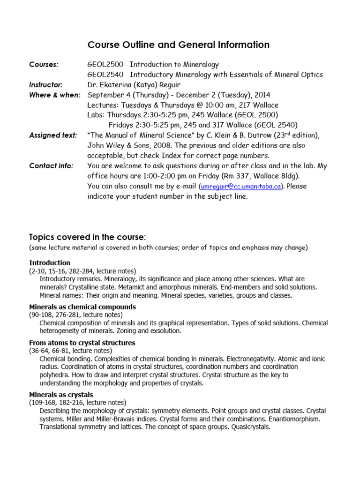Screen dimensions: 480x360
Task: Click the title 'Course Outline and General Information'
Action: coord(179,45)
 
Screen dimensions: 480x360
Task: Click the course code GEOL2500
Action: coord(105,65)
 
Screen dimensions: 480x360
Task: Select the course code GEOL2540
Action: coord(105,75)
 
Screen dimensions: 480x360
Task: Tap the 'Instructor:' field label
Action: coord(46,85)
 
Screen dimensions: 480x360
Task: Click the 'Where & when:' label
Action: coord(54,95)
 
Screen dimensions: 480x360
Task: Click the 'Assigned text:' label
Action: coord(53,135)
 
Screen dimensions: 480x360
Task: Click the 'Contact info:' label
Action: coord(51,165)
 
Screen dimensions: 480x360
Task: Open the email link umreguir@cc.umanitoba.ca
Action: coord(241,186)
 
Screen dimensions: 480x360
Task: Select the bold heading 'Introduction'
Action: coord(50,263)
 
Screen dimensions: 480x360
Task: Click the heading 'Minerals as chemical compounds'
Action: coord(82,307)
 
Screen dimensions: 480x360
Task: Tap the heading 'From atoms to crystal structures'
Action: coord(82,343)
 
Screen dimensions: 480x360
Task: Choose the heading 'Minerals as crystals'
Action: coord(61,395)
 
